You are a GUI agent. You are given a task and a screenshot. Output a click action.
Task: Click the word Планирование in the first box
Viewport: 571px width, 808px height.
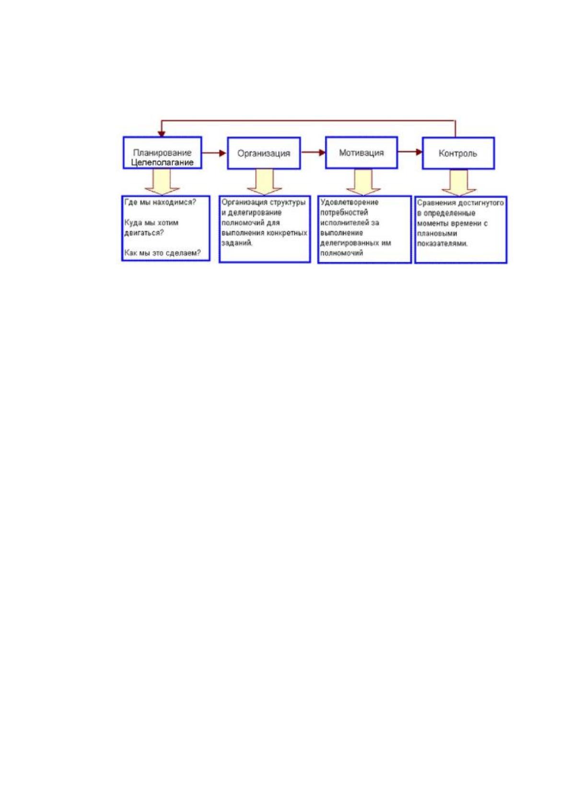click(162, 153)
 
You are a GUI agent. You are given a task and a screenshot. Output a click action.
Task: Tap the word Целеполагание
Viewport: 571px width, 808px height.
click(162, 162)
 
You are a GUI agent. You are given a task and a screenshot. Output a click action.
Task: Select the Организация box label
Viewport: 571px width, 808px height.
click(264, 154)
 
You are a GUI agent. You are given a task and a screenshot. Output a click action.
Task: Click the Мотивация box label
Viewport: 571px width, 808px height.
click(361, 153)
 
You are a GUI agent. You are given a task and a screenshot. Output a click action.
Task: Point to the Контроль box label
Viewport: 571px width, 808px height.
click(457, 154)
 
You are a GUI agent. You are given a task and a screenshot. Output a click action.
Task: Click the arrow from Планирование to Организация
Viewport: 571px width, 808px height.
click(214, 153)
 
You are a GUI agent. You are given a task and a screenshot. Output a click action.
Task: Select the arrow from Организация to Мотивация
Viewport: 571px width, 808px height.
click(313, 153)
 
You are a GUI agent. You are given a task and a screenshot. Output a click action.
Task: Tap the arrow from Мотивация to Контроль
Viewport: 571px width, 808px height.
click(410, 152)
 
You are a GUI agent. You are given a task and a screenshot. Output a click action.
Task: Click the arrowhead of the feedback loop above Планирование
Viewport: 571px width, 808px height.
click(162, 134)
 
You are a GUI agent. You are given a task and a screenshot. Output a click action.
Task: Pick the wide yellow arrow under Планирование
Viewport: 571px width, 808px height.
click(162, 182)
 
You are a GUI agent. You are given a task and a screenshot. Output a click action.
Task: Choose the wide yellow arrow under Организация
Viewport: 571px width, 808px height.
click(264, 182)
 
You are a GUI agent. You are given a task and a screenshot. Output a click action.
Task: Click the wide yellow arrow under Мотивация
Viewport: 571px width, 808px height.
click(363, 182)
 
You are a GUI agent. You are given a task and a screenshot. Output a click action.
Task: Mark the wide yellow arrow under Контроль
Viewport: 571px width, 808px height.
click(459, 182)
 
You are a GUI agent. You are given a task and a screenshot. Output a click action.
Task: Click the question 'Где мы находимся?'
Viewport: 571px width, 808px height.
click(161, 202)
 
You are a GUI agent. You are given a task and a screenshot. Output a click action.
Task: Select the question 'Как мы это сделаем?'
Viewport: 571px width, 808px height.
click(163, 253)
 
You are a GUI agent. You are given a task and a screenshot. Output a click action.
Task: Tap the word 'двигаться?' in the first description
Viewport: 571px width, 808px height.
click(144, 233)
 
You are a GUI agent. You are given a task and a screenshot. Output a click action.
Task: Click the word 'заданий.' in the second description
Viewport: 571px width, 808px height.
click(237, 243)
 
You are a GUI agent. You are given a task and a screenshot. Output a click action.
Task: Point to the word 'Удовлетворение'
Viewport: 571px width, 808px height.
click(350, 202)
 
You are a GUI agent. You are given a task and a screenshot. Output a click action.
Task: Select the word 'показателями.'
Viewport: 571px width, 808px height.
click(443, 243)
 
